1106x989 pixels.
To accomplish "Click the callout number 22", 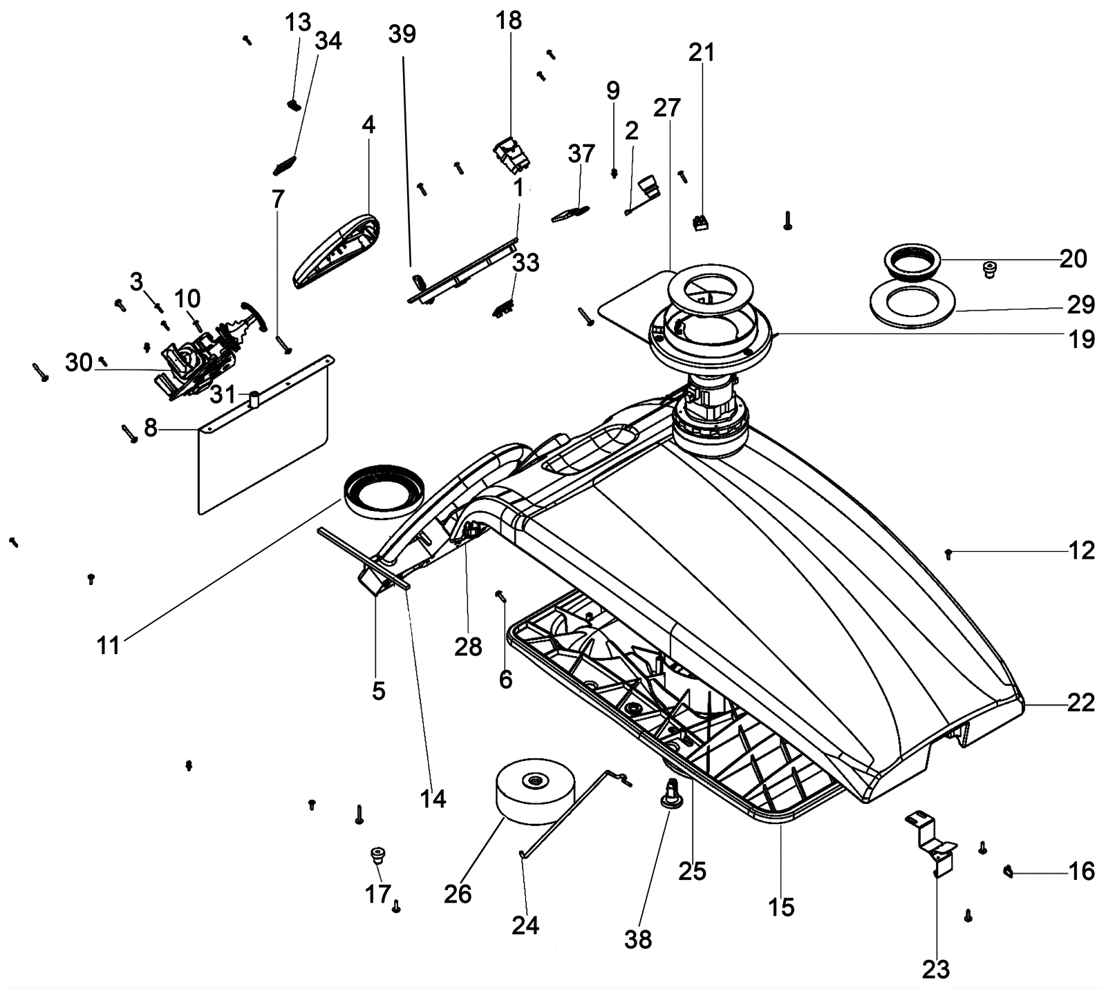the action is coord(1081,703).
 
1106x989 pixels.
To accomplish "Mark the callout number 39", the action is coord(402,33).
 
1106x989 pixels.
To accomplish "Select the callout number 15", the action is coord(781,907).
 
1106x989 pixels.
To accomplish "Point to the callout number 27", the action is coord(667,108).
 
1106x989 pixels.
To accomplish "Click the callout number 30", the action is coord(79,362).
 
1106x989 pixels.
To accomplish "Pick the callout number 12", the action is coord(1082,551).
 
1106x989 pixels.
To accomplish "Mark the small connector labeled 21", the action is coord(701,222).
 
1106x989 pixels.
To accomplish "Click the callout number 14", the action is coord(433,799).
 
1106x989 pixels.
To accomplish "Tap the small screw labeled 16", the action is coord(1008,872).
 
